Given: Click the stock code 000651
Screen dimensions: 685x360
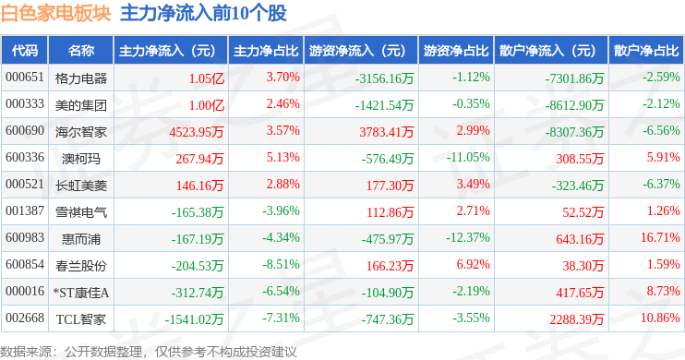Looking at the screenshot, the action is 25,78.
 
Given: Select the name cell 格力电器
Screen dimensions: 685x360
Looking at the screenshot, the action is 81,78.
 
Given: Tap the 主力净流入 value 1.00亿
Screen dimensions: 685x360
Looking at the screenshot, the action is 207,105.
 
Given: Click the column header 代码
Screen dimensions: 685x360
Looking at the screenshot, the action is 25,51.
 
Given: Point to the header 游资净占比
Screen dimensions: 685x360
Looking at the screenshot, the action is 456,51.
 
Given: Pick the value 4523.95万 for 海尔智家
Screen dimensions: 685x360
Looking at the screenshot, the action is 197,131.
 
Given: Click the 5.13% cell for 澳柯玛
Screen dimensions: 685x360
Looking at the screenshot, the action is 283,157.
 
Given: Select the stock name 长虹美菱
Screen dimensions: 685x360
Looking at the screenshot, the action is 81,186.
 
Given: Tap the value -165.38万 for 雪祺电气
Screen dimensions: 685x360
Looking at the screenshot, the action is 198,212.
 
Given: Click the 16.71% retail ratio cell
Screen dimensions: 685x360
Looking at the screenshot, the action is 661,237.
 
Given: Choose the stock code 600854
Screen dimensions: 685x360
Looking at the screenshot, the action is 25,264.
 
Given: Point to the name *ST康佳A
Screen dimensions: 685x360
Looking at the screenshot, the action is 81,293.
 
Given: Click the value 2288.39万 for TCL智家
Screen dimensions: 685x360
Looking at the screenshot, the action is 577,319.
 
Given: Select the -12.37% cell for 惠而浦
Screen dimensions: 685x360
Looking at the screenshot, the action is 468,237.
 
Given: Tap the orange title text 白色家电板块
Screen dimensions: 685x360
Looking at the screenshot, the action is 56,13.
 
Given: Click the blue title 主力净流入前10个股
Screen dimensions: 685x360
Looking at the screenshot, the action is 204,13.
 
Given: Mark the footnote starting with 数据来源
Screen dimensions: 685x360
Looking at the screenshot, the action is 149,352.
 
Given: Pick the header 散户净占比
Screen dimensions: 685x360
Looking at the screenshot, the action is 646,51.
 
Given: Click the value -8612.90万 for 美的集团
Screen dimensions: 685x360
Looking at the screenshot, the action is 574,105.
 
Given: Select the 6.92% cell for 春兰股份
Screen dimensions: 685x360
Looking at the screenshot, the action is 473,264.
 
